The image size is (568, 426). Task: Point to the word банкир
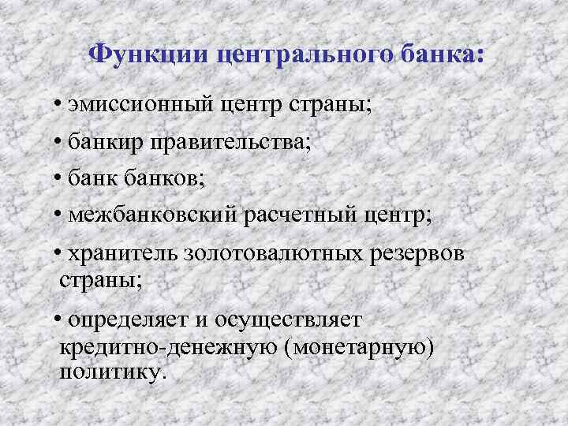point(104,143)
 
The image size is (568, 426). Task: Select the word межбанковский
point(145,215)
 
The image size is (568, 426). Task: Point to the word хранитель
point(122,254)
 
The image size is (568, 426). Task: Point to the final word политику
point(113,371)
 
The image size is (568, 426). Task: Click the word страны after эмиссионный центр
point(331,105)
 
